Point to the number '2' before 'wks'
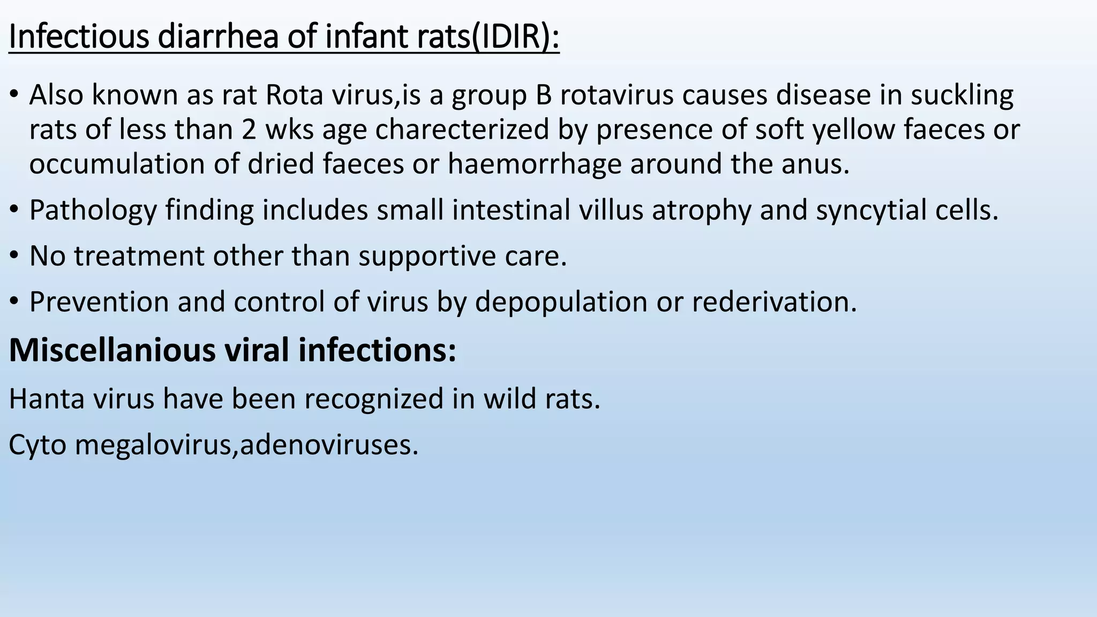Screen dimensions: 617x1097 pyautogui.click(x=249, y=130)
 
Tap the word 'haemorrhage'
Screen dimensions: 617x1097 pyautogui.click(x=534, y=164)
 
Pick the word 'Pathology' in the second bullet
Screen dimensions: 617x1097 pyautogui.click(x=93, y=210)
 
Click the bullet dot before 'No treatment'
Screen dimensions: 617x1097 pyautogui.click(x=14, y=256)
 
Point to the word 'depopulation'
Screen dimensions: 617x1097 pyautogui.click(x=561, y=302)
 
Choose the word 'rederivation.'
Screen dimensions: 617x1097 pyautogui.click(x=775, y=302)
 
